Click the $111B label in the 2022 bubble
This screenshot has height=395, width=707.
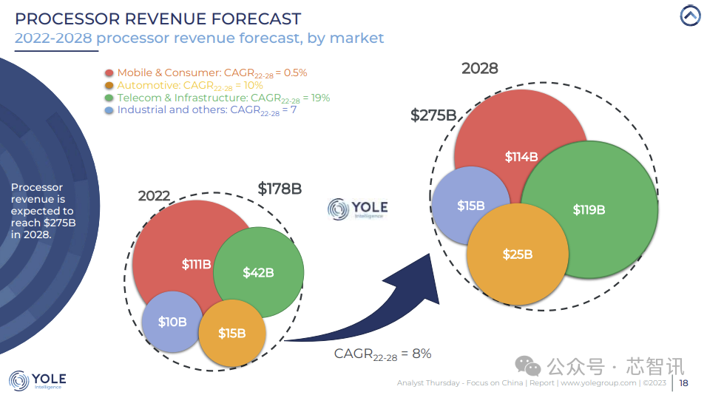pos(197,264)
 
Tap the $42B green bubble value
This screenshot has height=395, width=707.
pos(258,272)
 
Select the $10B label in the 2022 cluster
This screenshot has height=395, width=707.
pos(172,322)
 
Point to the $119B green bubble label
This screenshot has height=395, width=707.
pos(589,209)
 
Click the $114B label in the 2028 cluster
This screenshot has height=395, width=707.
pos(521,157)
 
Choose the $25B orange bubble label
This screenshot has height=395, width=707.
pos(517,254)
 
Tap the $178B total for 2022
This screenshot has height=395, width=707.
pos(280,189)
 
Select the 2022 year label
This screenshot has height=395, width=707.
pos(154,196)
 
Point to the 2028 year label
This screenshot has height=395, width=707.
pos(480,69)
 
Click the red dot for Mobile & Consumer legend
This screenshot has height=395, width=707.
pos(109,73)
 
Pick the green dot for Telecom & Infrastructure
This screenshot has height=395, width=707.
pos(109,98)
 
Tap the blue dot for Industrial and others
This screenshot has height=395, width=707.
pos(109,110)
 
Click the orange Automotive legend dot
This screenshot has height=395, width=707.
pos(109,86)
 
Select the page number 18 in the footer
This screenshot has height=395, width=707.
pos(683,383)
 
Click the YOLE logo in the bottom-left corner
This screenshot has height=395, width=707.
pos(38,381)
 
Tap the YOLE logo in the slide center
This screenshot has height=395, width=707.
pos(357,209)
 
